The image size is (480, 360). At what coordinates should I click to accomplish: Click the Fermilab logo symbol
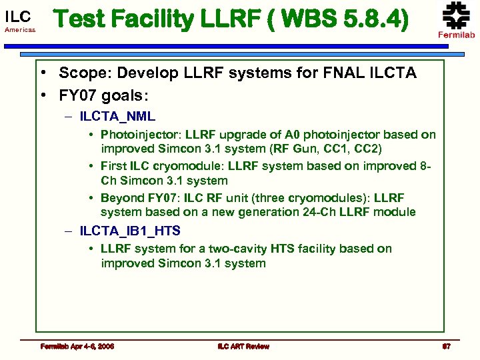[456, 15]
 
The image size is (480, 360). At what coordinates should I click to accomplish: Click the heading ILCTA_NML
[117, 117]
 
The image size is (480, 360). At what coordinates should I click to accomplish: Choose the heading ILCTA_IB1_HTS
[130, 231]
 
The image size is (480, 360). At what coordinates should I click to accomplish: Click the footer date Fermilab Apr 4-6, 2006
[77, 346]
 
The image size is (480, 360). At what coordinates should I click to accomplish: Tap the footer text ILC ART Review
[243, 346]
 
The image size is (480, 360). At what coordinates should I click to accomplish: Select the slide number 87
[447, 346]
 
